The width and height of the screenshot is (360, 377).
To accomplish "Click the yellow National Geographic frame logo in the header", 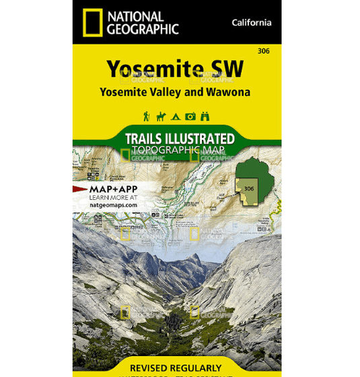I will (92, 22).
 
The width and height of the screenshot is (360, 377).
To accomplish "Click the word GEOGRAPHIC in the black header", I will (142, 29).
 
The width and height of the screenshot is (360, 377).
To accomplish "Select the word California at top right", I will (252, 22).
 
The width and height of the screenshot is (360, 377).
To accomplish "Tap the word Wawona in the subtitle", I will (231, 92).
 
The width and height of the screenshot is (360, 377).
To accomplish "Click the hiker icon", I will (146, 116).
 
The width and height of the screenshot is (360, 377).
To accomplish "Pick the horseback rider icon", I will (161, 116).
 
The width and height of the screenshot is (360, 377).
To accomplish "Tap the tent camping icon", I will (176, 116).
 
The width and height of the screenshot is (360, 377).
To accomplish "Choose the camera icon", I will (190, 116).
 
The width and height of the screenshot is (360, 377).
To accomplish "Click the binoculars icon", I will (205, 116).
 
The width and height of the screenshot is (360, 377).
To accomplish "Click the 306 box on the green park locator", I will (249, 188).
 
